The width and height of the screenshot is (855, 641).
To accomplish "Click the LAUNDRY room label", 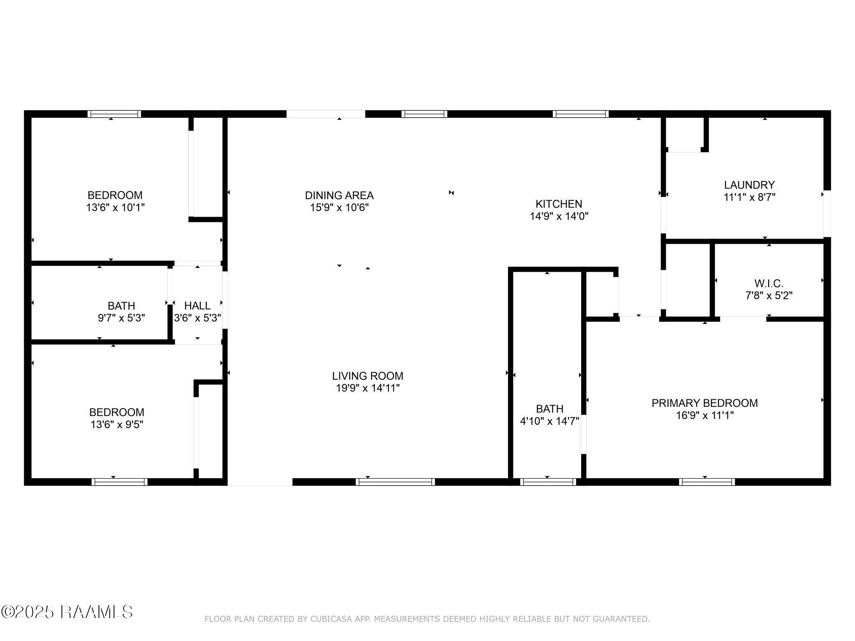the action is tap(749, 185).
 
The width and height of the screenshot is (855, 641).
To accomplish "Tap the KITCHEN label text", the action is tap(559, 204).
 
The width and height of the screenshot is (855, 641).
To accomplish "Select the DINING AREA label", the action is tap(339, 195).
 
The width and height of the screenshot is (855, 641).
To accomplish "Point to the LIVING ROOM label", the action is tap(368, 376).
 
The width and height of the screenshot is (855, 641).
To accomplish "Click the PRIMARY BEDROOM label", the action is tap(705, 403).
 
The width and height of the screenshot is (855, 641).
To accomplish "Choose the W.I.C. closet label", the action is tap(769, 284).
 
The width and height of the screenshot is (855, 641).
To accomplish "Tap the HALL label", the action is tap(197, 306).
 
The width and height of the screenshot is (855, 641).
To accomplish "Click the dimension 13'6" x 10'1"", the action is tap(115, 208).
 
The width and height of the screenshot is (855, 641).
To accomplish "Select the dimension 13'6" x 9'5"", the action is tap(116, 425).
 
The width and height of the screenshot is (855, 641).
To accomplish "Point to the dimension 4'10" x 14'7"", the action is tap(549, 421).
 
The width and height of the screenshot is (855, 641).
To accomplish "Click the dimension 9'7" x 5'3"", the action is tap(121, 318).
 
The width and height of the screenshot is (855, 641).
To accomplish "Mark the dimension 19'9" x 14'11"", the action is tap(368, 388).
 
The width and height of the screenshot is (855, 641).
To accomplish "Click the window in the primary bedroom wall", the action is tap(707, 482).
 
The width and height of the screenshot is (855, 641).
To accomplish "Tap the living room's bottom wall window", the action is tap(395, 482).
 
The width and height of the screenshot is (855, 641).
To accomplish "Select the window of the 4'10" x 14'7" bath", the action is tap(548, 482).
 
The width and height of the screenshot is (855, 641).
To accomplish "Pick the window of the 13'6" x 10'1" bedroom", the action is tap(114, 114).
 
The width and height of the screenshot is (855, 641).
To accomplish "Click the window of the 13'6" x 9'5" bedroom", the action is tap(119, 482).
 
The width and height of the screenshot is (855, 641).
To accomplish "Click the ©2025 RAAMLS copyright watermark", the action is tap(67, 612).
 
